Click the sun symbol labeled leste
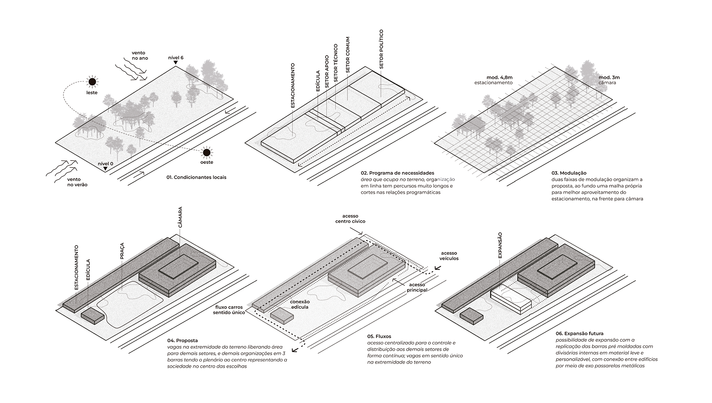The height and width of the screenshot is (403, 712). (92, 82)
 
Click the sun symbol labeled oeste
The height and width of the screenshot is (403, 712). (207, 152)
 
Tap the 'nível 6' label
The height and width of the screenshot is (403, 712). (176, 58)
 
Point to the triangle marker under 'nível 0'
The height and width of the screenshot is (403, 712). (106, 169)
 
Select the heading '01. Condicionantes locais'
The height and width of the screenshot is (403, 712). (196, 177)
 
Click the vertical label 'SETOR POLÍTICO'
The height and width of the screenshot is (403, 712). (381, 49)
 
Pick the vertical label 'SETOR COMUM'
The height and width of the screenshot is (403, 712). (347, 54)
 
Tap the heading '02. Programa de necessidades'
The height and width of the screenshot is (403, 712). (397, 173)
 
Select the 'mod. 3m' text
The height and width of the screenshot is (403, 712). (609, 77)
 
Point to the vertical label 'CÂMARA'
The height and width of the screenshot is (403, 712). (180, 218)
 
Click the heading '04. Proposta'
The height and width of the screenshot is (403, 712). (182, 340)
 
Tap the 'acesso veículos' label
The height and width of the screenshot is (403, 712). (449, 256)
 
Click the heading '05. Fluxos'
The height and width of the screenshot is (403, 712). (379, 336)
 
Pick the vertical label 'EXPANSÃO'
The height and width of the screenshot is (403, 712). (500, 245)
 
